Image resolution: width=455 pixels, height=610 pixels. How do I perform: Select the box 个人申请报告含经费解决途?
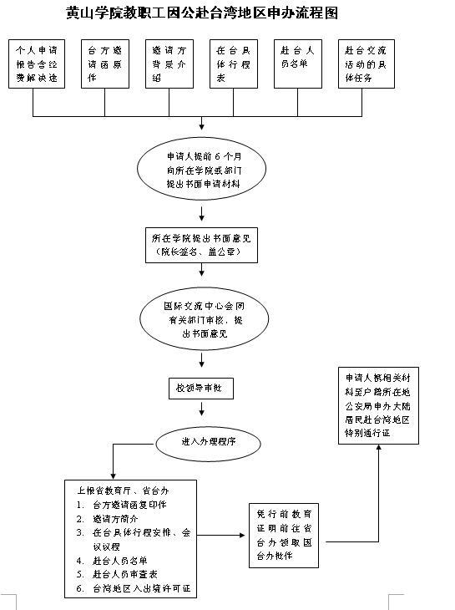[33, 64]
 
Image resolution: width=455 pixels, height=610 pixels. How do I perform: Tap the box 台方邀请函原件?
[104, 64]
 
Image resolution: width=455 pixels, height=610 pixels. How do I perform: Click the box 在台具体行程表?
[233, 64]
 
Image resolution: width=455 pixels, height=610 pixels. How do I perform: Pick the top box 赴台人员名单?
[298, 64]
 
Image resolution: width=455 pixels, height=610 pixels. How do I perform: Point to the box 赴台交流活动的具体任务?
[368, 64]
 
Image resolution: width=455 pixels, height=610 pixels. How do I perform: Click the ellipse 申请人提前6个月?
[201, 169]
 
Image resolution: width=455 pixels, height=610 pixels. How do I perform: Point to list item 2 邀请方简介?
[117, 518]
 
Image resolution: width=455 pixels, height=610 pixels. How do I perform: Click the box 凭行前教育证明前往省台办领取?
[286, 536]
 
